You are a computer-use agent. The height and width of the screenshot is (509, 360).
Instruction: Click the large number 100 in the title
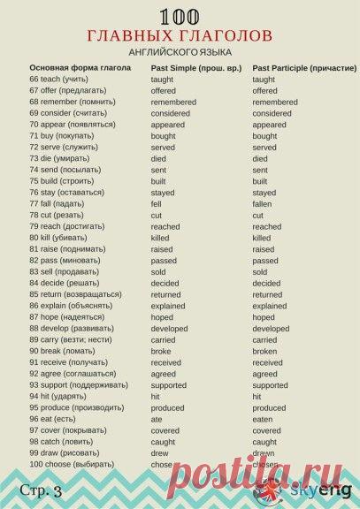tap(180, 16)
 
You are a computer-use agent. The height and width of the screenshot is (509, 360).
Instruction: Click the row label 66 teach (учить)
tap(60, 80)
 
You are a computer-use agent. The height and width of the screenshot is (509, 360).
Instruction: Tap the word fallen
tap(264, 204)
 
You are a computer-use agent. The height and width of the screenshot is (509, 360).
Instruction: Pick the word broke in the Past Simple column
tap(161, 351)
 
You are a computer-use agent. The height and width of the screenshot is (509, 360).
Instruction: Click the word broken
tap(264, 351)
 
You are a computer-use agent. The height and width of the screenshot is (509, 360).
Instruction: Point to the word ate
tap(157, 419)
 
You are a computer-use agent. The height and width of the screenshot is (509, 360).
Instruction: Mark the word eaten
tap(264, 419)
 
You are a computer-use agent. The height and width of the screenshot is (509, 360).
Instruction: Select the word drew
tap(160, 453)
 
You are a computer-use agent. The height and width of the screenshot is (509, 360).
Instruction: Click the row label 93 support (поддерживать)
tap(78, 385)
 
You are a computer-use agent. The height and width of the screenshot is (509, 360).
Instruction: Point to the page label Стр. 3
tap(43, 490)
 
